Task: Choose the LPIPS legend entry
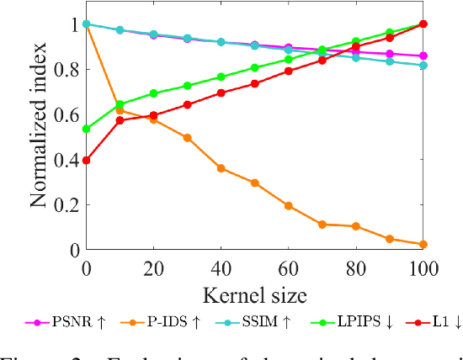(317, 322)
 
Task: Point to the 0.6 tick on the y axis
(67, 114)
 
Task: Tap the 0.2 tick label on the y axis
(67, 204)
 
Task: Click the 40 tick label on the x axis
(221, 268)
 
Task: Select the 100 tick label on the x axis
(423, 268)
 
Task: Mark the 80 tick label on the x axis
(355, 268)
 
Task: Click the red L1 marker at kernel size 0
(87, 160)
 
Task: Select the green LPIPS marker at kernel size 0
(87, 129)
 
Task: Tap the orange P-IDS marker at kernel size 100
(423, 244)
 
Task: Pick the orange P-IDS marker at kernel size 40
(221, 168)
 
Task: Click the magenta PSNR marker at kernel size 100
(423, 56)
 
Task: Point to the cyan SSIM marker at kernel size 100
(423, 65)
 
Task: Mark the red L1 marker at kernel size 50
(254, 83)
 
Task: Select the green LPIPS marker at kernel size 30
(187, 86)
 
